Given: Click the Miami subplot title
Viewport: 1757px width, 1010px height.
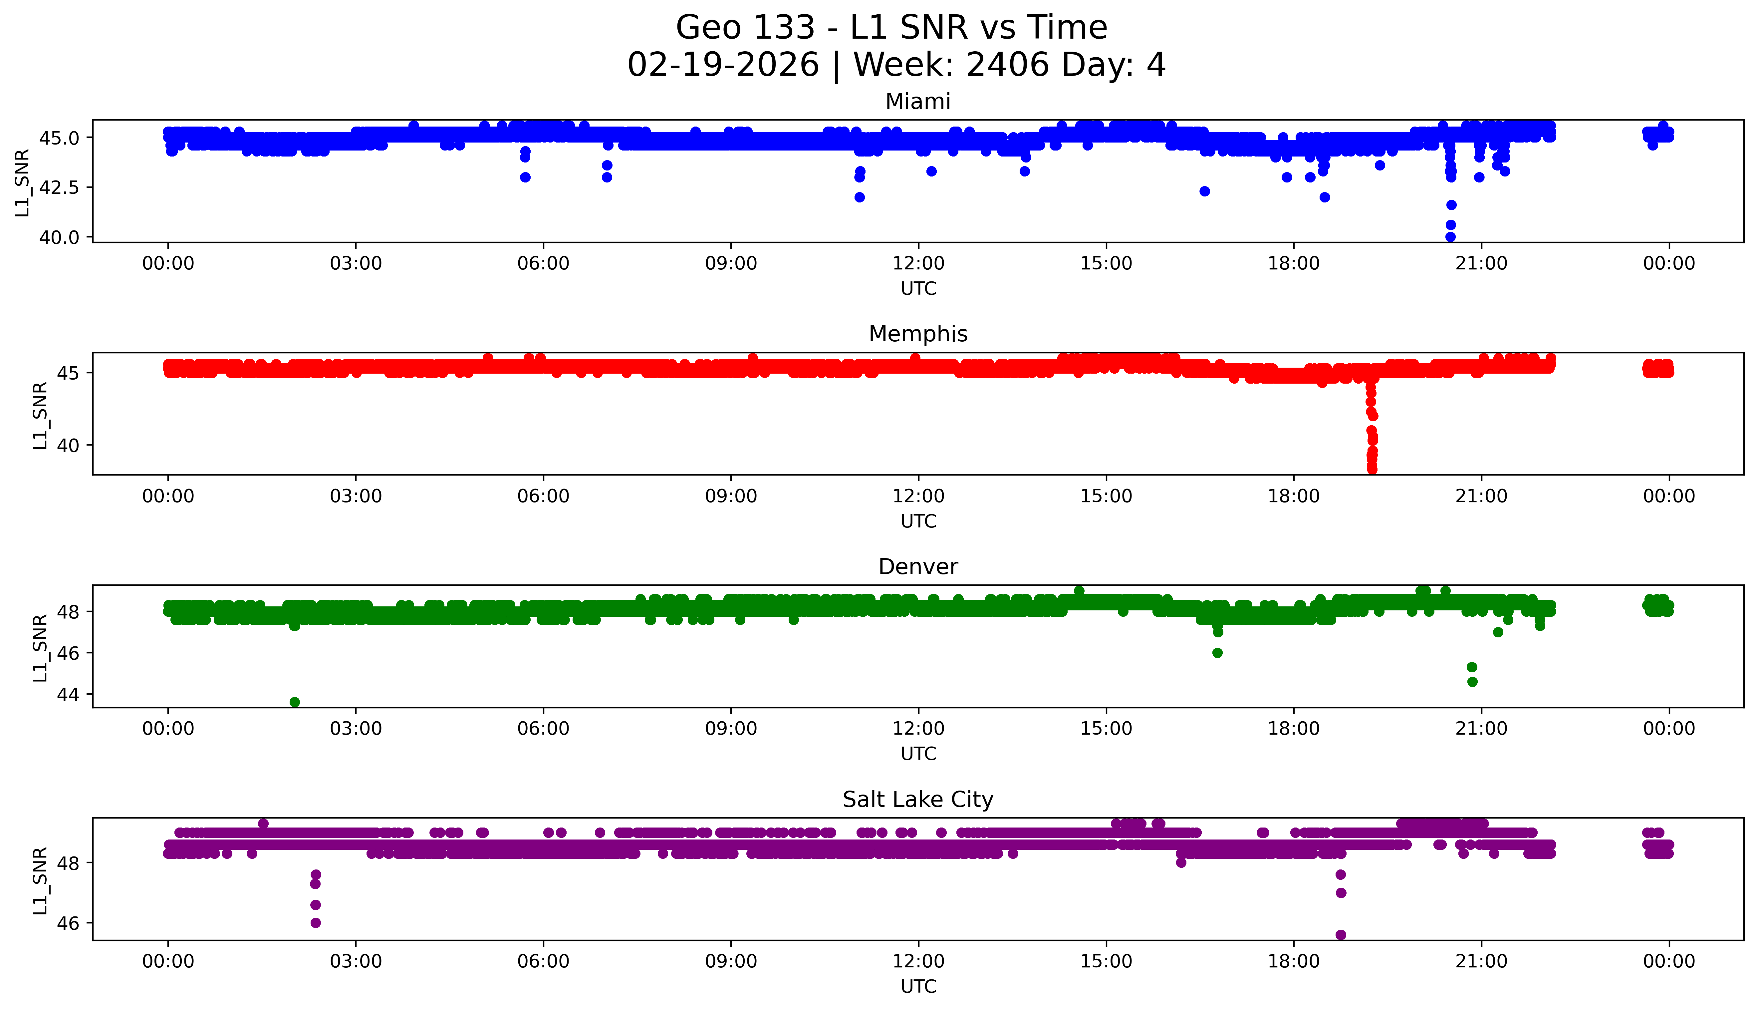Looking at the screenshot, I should click(917, 102).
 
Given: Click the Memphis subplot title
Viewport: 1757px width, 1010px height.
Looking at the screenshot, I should click(917, 334).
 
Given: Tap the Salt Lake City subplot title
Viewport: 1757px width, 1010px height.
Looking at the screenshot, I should click(917, 800).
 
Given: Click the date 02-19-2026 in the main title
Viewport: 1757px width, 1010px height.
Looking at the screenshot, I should click(723, 65).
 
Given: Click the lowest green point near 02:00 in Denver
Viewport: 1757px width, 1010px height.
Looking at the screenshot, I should click(295, 702).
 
